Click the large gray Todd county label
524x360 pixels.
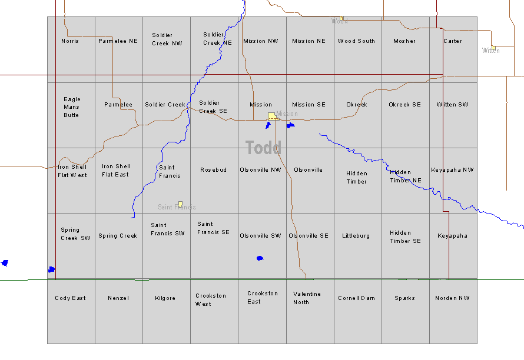(263, 148)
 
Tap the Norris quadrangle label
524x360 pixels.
(70, 41)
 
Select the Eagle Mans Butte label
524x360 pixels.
(72, 107)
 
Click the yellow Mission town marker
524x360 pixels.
(271, 116)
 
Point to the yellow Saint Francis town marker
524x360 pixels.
(180, 204)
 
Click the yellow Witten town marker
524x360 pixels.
(493, 47)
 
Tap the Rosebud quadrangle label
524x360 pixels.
(213, 170)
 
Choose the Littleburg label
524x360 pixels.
(356, 236)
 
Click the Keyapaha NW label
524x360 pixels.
(452, 170)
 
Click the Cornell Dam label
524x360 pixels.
(356, 298)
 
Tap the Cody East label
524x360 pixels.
(70, 298)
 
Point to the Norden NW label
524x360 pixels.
(452, 298)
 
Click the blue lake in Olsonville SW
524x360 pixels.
(260, 258)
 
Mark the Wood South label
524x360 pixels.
(356, 41)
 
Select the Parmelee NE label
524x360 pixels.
(118, 41)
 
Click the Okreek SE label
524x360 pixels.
(404, 105)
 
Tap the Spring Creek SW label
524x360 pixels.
(75, 234)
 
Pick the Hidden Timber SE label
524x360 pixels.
(405, 236)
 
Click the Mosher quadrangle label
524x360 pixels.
(404, 41)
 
